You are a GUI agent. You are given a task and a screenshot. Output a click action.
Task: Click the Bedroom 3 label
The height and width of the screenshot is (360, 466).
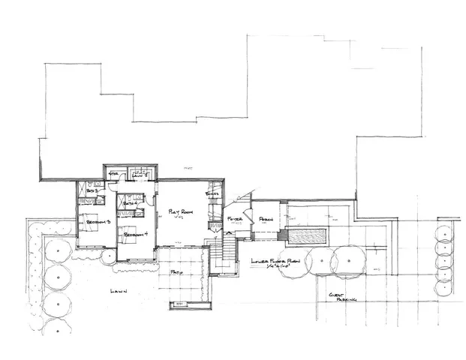pyautogui.click(x=98, y=223)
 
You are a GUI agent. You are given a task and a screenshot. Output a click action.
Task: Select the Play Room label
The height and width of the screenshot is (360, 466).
pyautogui.click(x=181, y=211)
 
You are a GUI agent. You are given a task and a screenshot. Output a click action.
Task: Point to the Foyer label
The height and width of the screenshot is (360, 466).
pyautogui.click(x=234, y=219)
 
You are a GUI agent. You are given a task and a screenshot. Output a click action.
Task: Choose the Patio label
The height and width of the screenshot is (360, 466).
pyautogui.click(x=177, y=271)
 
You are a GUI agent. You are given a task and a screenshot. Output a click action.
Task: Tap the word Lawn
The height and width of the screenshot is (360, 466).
pyautogui.click(x=118, y=290)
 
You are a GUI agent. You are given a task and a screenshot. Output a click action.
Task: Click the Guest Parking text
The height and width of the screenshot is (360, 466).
pyautogui.click(x=341, y=298)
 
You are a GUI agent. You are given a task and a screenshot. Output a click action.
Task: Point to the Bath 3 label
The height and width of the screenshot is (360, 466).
pyautogui.click(x=92, y=193)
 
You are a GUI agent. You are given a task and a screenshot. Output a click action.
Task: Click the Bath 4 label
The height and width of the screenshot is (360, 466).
pyautogui.click(x=128, y=203)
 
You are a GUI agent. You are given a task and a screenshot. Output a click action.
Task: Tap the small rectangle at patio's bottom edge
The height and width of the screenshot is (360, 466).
pyautogui.click(x=180, y=304)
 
